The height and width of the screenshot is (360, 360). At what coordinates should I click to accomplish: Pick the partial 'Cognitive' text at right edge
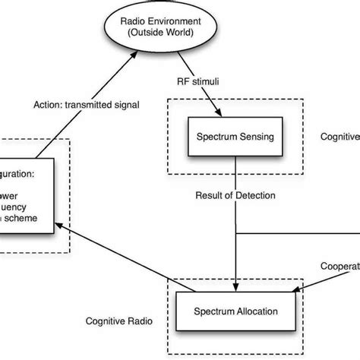[339, 137]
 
